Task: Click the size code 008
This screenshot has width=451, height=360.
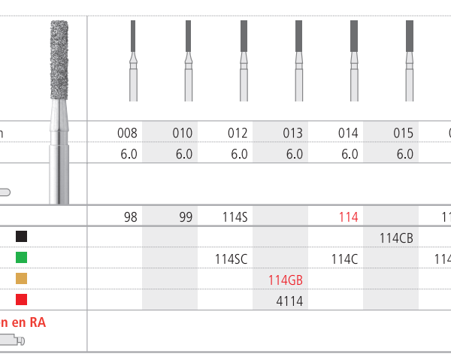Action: click(x=128, y=134)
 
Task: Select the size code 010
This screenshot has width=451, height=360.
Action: click(x=183, y=134)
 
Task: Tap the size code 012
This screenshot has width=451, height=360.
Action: click(x=238, y=134)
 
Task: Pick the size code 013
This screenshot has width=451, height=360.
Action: click(x=292, y=134)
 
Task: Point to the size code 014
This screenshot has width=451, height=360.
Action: click(x=348, y=134)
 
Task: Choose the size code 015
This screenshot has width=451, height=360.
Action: click(x=404, y=134)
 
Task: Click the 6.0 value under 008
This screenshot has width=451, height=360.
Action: click(x=129, y=154)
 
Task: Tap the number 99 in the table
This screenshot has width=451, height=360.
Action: click(x=185, y=218)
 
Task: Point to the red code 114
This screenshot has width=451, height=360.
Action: click(x=348, y=218)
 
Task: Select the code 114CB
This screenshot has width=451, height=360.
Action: click(x=396, y=238)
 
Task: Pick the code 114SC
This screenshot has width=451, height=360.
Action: click(x=231, y=259)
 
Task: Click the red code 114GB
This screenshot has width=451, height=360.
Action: click(x=286, y=280)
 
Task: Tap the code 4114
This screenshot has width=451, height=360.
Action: click(x=289, y=300)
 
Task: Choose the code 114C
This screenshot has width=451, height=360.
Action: click(x=344, y=259)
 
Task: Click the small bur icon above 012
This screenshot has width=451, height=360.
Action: click(x=244, y=60)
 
